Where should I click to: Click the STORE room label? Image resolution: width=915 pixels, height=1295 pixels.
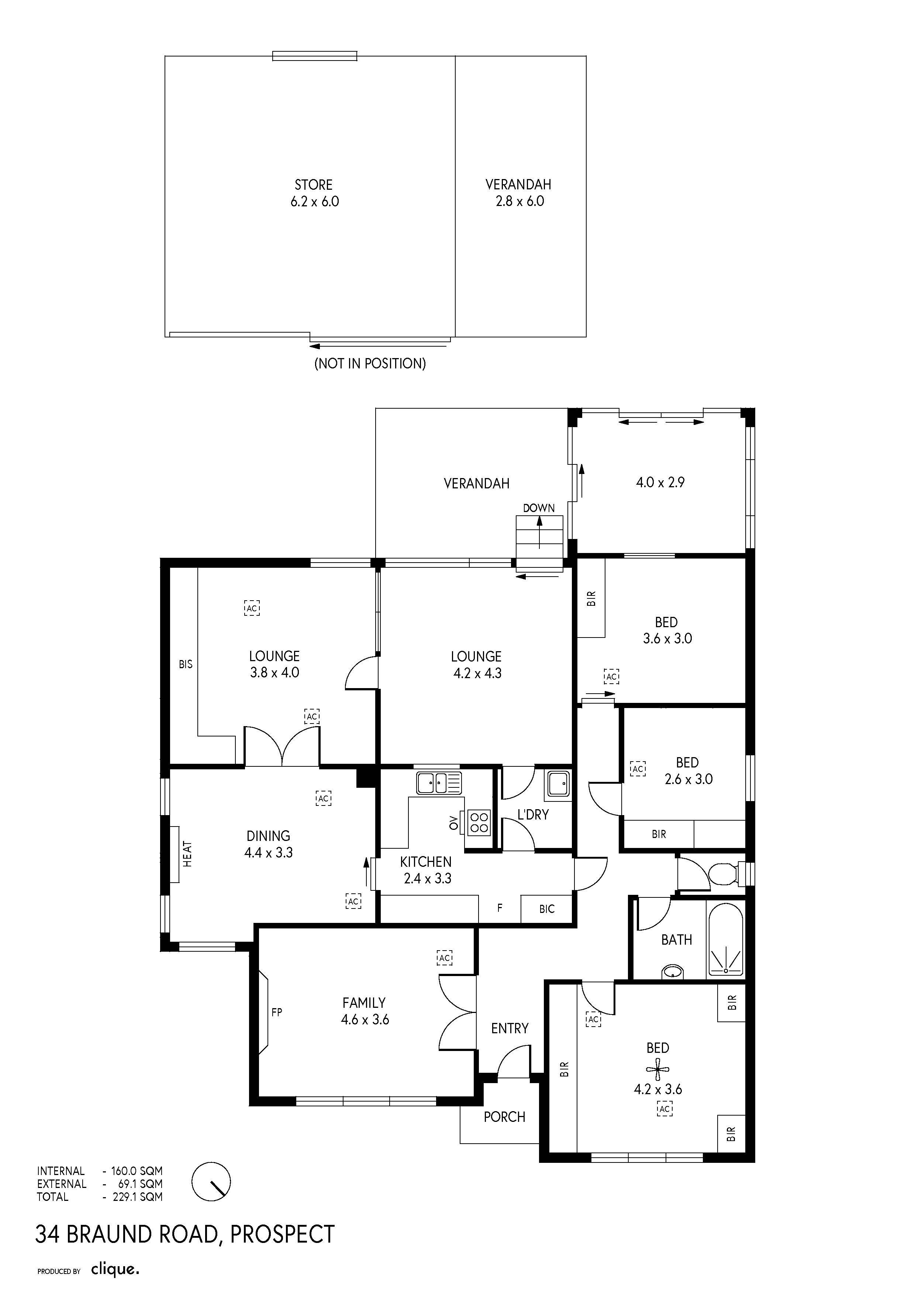314,185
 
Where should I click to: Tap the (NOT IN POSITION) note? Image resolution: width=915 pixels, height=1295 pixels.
370,363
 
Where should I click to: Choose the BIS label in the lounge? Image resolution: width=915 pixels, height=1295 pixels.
186,664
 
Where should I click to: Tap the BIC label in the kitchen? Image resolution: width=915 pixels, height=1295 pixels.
546,908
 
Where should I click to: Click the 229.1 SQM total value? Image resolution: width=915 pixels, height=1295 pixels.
138,1196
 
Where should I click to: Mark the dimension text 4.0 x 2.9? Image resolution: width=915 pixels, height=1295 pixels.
660,482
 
